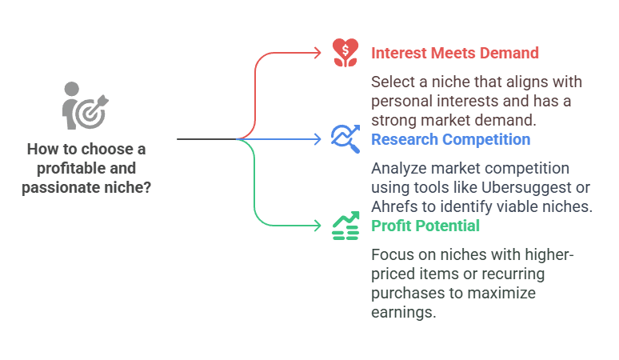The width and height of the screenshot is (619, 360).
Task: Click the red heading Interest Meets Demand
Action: pyautogui.click(x=455, y=53)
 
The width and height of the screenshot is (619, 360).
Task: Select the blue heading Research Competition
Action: pyautogui.click(x=450, y=139)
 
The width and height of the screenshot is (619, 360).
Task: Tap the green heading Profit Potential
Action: pyautogui.click(x=425, y=226)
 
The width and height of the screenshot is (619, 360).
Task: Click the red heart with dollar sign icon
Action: pyautogui.click(x=345, y=52)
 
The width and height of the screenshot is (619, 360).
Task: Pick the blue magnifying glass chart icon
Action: pyautogui.click(x=345, y=138)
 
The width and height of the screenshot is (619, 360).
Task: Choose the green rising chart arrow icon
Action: pyautogui.click(x=345, y=226)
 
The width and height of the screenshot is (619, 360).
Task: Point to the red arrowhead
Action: pyautogui.click(x=317, y=53)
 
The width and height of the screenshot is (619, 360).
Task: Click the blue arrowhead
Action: pyautogui.click(x=317, y=139)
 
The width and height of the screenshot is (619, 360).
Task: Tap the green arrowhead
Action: pyautogui.click(x=317, y=226)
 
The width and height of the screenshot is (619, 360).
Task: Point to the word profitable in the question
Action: pyautogui.click(x=59, y=168)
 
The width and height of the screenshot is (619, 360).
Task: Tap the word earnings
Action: pyautogui.click(x=404, y=312)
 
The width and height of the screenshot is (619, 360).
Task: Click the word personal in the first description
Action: pyautogui.click(x=401, y=101)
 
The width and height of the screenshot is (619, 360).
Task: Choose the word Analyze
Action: pyautogui.click(x=397, y=168)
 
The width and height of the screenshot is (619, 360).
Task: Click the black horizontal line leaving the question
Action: pyautogui.click(x=206, y=139)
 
